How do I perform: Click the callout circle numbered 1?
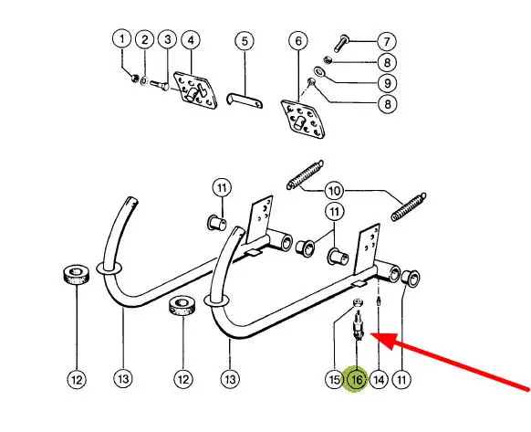pos(122,39)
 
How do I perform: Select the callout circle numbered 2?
pos(145,39)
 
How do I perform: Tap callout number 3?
pos(168,39)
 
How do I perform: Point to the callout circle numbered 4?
pos(191,40)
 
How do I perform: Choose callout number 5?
pos(245,41)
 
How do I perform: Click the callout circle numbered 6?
pos(298,41)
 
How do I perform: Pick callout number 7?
pos(387,42)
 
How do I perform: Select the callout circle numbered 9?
pos(388,83)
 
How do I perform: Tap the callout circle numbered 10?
pos(334,191)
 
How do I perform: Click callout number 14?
pos(379,379)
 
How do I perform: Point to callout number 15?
pos(334,379)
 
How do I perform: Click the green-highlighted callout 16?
pos(357,379)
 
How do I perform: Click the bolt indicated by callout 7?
pos(341,43)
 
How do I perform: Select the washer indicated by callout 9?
pos(318,71)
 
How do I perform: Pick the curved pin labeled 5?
pos(245,100)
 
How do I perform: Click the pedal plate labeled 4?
pos(196,91)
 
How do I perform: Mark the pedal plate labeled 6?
pos(304,120)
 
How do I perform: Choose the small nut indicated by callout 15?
pos(357,302)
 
